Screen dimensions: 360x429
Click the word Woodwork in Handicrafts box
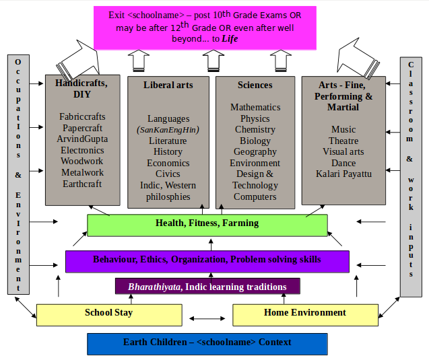82,161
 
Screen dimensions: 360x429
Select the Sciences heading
255,85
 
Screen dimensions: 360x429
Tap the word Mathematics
255,107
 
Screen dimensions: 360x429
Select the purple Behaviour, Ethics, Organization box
207,260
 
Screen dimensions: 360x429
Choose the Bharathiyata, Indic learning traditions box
207,287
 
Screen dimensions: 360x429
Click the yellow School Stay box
108,314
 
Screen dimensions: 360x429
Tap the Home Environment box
304,314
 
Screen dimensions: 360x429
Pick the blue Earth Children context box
207,343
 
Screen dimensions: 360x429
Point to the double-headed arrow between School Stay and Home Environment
207,318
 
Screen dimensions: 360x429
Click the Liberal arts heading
168,85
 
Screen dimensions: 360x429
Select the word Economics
168,163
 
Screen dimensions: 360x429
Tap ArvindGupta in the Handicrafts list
82,139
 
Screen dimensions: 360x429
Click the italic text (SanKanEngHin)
168,130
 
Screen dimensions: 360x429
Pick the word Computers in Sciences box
255,197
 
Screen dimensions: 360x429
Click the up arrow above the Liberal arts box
139,61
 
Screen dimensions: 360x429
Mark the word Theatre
343,141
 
